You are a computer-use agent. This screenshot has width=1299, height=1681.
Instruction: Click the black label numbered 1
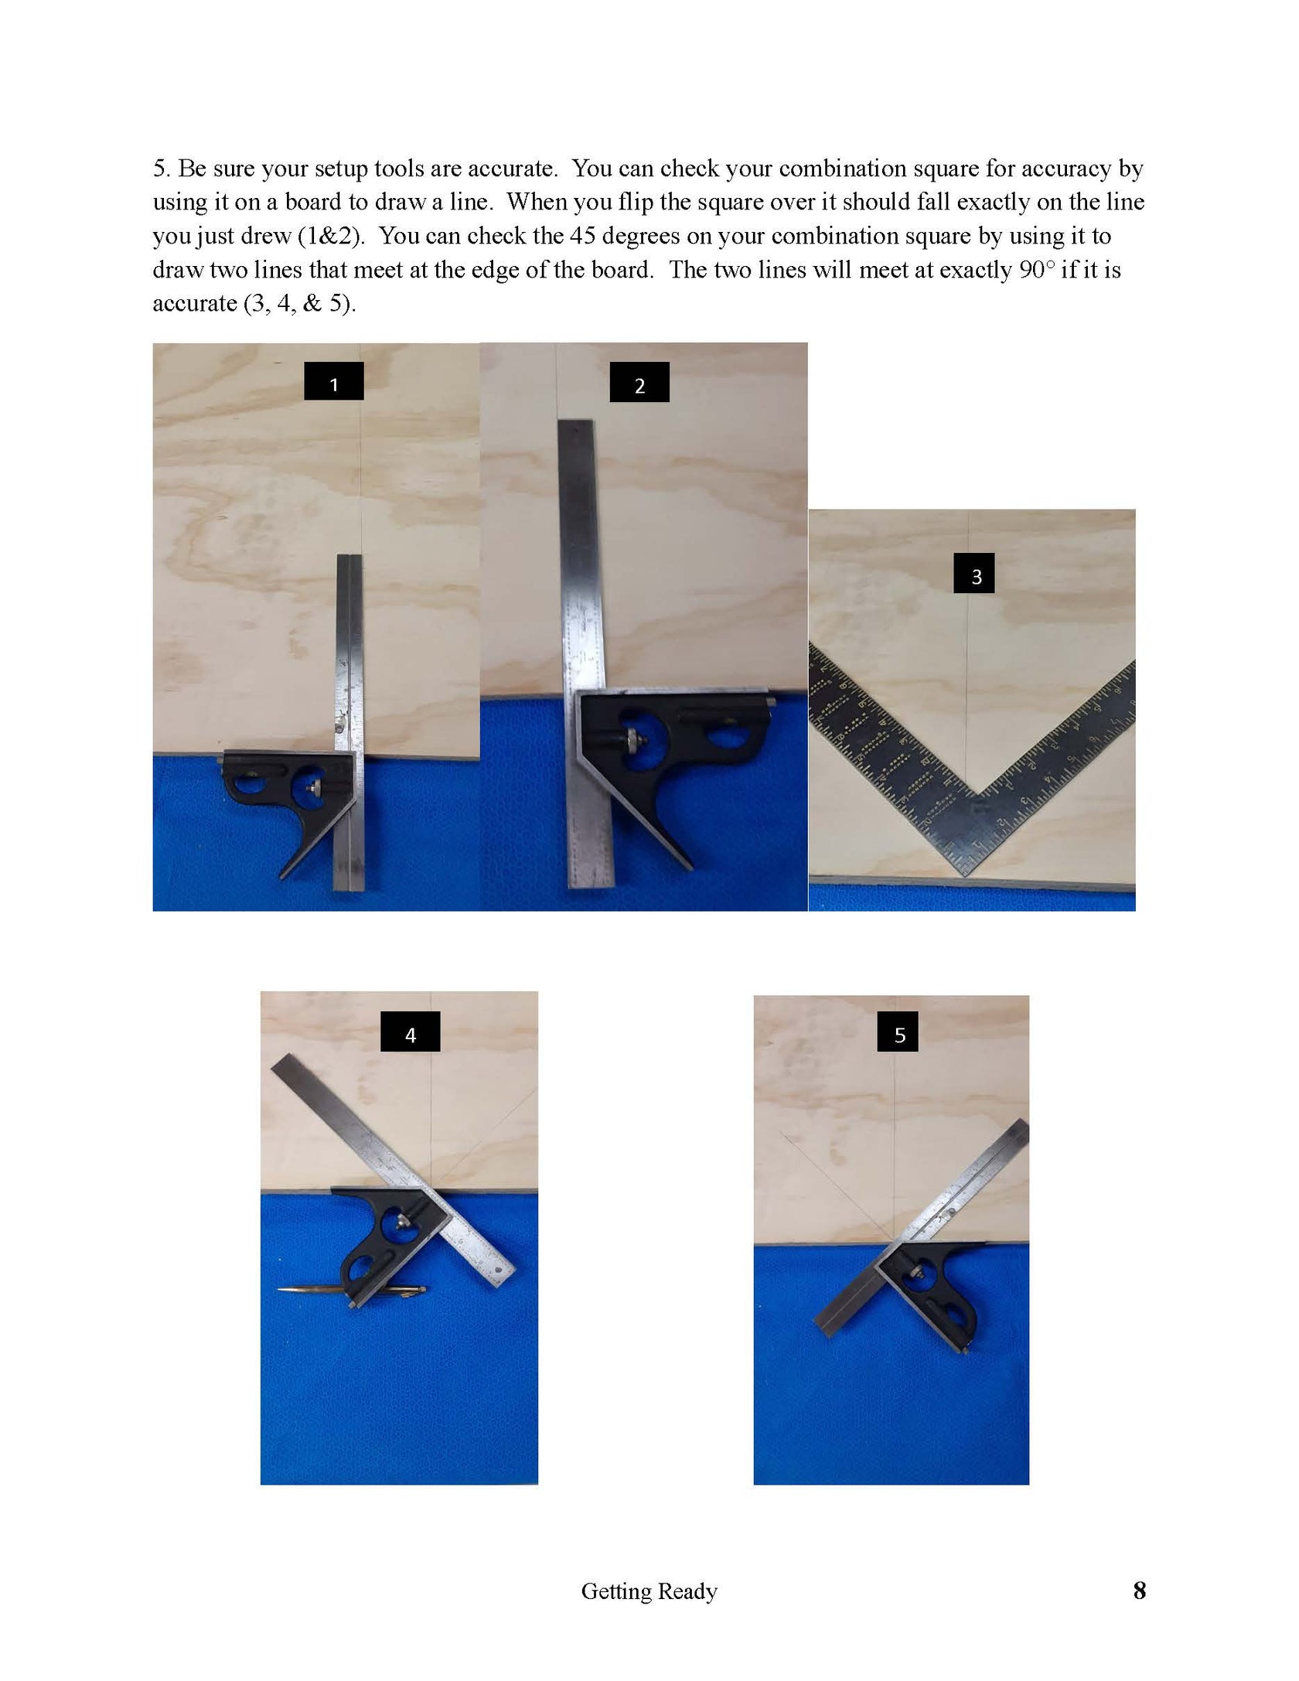pyautogui.click(x=333, y=381)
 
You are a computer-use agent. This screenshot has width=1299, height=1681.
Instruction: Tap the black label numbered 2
pyautogui.click(x=639, y=383)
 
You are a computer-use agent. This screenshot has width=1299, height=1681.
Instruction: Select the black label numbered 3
pyautogui.click(x=973, y=573)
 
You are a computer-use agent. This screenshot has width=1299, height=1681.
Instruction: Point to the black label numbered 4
pyautogui.click(x=411, y=1031)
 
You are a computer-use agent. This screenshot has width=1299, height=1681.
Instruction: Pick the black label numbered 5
pyautogui.click(x=898, y=1031)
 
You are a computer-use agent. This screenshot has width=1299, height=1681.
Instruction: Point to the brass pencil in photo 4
pyautogui.click(x=352, y=1289)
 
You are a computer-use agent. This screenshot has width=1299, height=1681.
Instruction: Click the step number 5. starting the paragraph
pyautogui.click(x=161, y=169)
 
